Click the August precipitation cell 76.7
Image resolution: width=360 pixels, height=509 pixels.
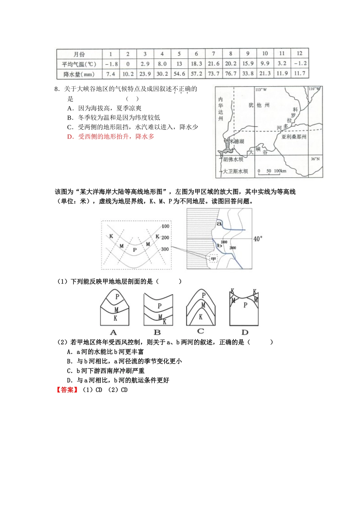pos(230,73)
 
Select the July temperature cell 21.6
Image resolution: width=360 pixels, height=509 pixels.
pos(213,64)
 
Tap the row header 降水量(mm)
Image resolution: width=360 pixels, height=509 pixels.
pos(79,74)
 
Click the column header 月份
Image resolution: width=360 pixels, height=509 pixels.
pos(79,54)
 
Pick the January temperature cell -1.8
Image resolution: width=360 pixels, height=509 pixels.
pos(111,64)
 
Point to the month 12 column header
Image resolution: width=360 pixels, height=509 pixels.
pos(299,53)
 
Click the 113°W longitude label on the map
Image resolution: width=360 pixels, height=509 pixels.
pos(261,90)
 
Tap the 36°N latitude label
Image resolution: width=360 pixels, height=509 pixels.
pos(315,159)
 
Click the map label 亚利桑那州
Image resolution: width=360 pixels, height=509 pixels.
pos(294,137)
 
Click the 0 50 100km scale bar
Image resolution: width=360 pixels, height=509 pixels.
pos(272,171)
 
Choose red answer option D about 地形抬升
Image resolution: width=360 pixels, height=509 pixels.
pos(111,136)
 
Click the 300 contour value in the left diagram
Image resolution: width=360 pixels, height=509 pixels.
pos(165,249)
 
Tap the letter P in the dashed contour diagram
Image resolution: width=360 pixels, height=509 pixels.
pos(135,250)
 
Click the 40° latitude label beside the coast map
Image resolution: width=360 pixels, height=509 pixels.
pos(257,239)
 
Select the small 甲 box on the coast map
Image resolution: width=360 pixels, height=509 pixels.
pos(213,259)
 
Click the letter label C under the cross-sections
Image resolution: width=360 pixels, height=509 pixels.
pos(200,331)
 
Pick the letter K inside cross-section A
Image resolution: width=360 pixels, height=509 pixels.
pos(115,318)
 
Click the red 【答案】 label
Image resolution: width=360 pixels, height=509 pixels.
pos(67,390)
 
